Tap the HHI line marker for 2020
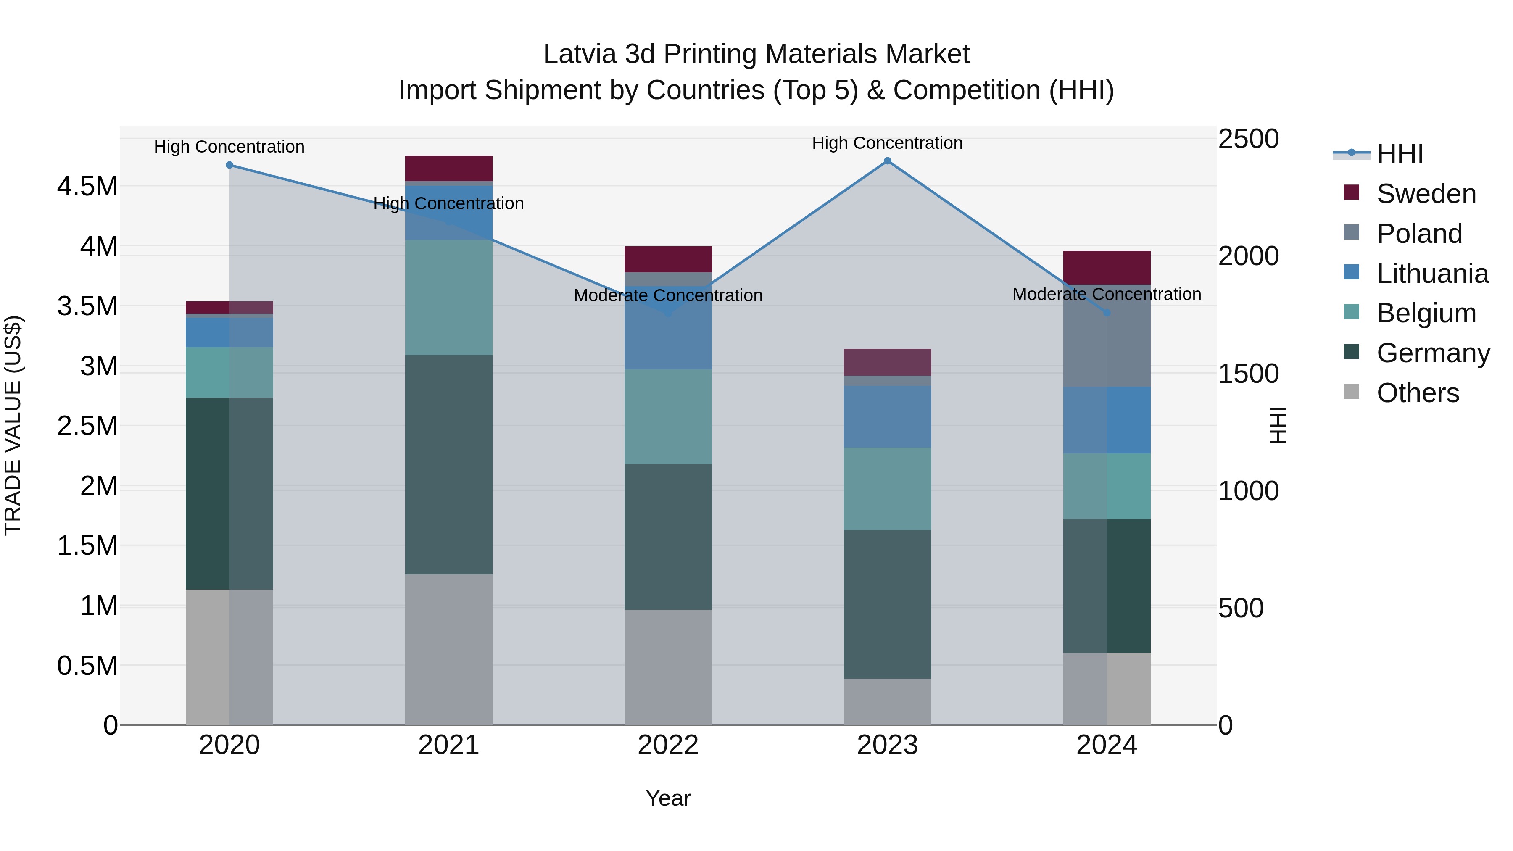tap(229, 165)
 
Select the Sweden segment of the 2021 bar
tap(449, 169)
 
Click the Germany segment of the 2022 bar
tap(668, 536)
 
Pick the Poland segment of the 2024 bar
tap(1107, 336)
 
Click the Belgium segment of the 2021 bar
tap(449, 297)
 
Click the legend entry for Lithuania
tap(1432, 274)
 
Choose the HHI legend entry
tap(1399, 154)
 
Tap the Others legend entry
tap(1417, 393)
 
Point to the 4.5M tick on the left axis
tap(87, 187)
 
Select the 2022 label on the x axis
tap(668, 745)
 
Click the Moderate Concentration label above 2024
tap(1107, 294)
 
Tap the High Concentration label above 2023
tap(887, 143)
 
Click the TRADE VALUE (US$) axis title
tap(13, 425)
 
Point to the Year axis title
tap(668, 798)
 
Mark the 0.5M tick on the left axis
tap(87, 666)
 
